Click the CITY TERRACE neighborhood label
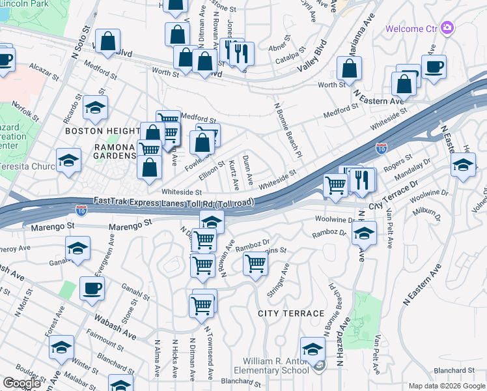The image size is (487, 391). [x=290, y=313]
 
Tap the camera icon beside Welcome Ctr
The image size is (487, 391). [x=447, y=28]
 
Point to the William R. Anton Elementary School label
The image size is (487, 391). [x=275, y=366]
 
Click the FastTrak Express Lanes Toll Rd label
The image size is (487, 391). [x=173, y=203]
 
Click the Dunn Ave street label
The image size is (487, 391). [x=247, y=169]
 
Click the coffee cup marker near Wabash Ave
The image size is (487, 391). [x=92, y=288]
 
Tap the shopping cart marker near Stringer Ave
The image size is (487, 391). [x=255, y=263]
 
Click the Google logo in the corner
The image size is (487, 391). [x=21, y=383]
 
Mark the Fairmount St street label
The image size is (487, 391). [x=100, y=341]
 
